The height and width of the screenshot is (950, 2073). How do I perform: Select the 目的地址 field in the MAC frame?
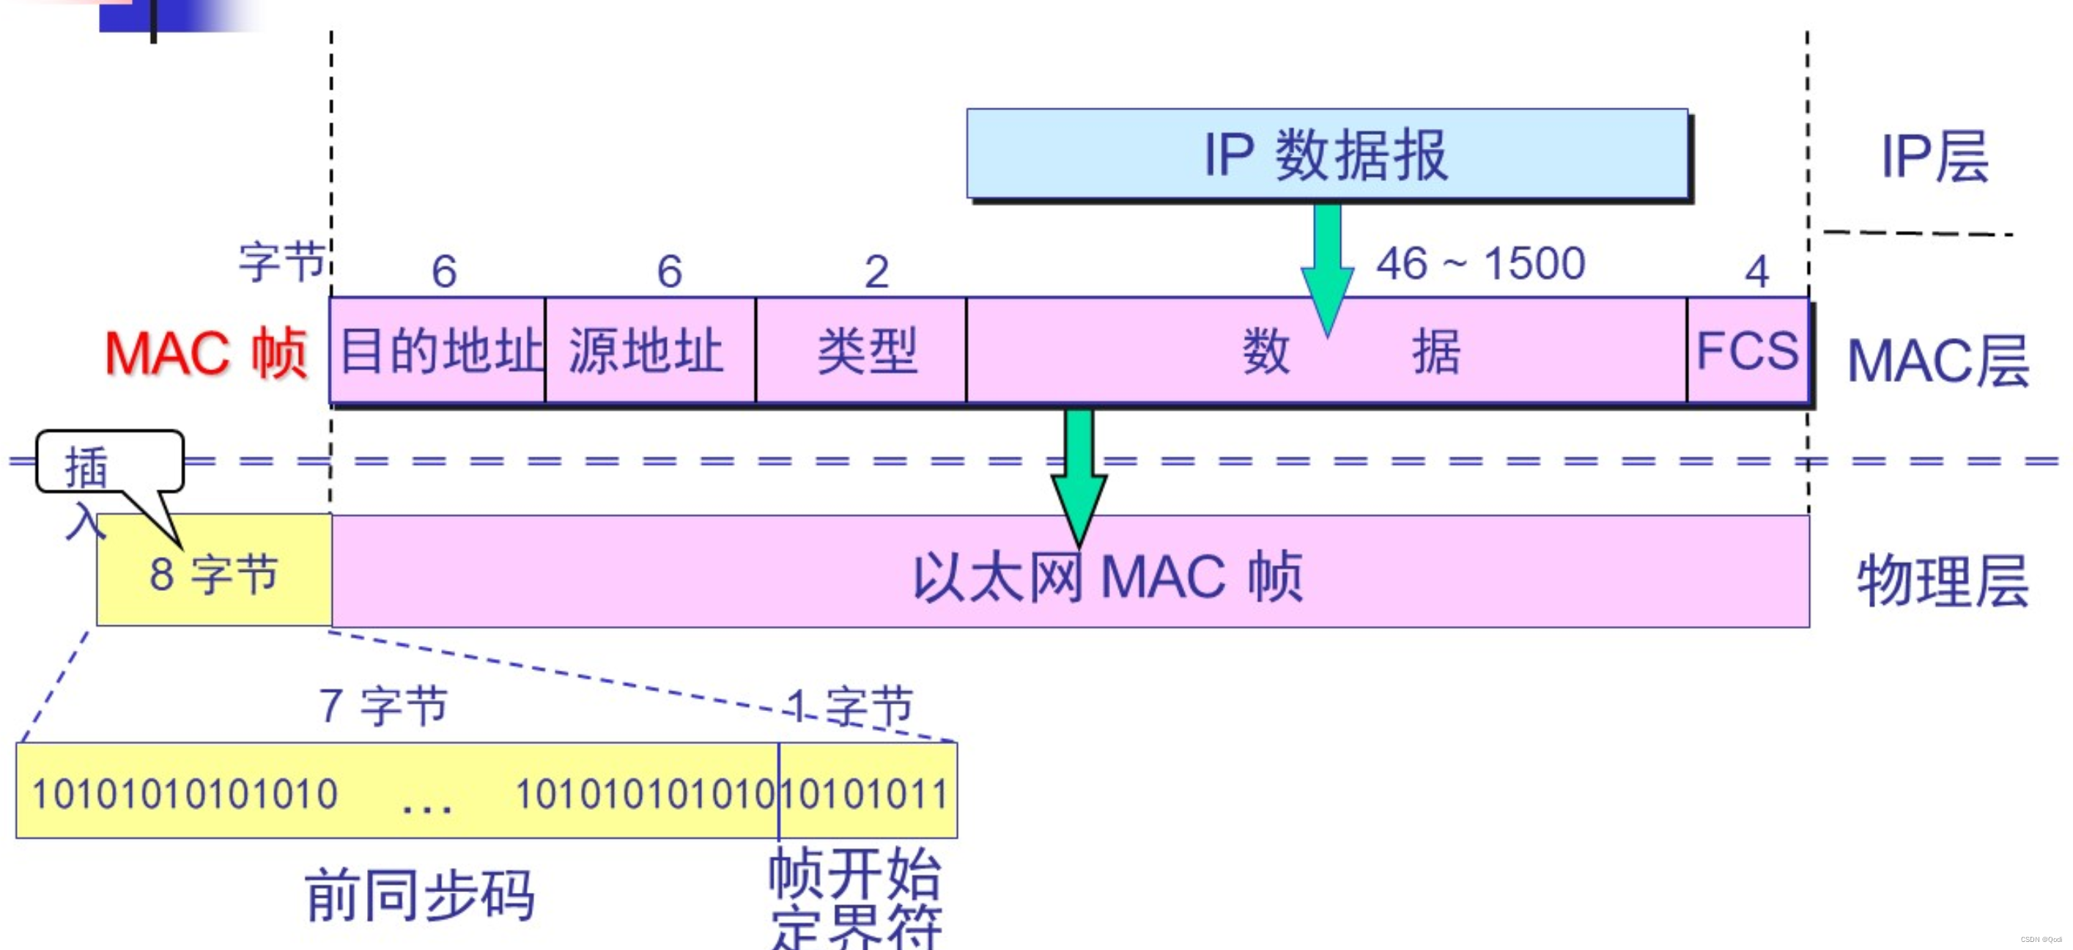439,351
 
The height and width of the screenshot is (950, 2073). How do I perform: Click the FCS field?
1746,351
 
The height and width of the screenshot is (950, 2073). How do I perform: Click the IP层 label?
1935,156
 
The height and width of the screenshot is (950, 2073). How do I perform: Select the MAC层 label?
1937,361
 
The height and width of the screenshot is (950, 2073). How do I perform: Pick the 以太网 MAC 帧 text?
1107,576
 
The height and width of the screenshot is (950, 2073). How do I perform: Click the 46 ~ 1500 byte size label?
1481,263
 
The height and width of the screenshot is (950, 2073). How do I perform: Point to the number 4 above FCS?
1756,271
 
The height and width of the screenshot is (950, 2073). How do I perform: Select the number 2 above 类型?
876,271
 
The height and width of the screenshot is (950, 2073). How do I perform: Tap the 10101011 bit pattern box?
868,792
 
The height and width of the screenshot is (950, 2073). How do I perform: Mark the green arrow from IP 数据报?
1327,265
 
